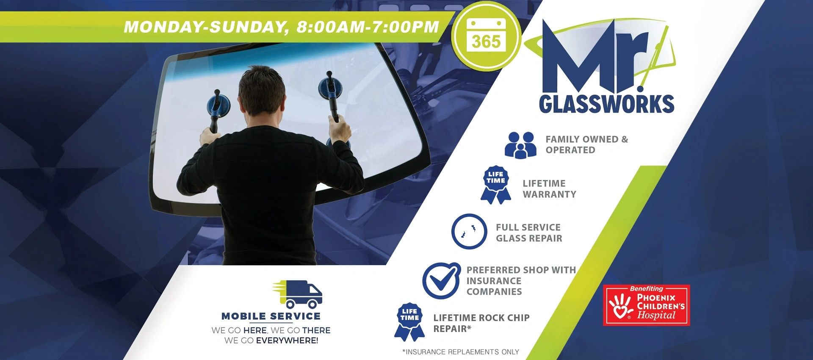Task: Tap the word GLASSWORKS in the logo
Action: point(606,103)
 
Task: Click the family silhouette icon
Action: point(520,145)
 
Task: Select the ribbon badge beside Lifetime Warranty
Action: point(496,185)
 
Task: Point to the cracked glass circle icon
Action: point(469,232)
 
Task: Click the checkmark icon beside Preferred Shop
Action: point(441,280)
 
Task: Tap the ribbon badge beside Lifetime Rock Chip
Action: point(409,322)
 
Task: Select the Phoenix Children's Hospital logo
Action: point(646,305)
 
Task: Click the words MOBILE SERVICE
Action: point(271,316)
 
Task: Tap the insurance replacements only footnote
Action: point(461,352)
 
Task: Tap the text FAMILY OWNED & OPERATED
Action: point(586,144)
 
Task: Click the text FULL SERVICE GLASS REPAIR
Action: point(528,233)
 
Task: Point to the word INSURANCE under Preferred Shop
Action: point(494,281)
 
